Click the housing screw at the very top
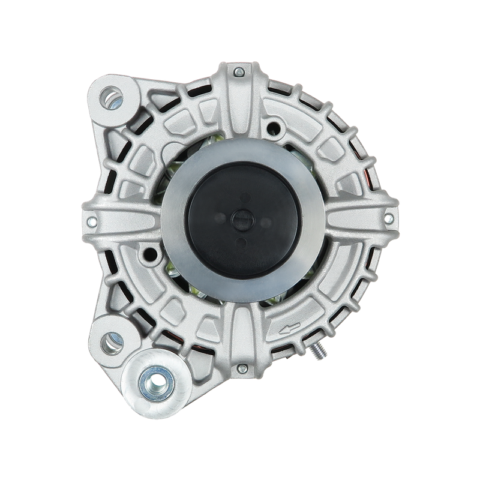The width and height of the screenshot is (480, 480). pos(241,73)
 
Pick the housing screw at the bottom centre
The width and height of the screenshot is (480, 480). pos(242,368)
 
